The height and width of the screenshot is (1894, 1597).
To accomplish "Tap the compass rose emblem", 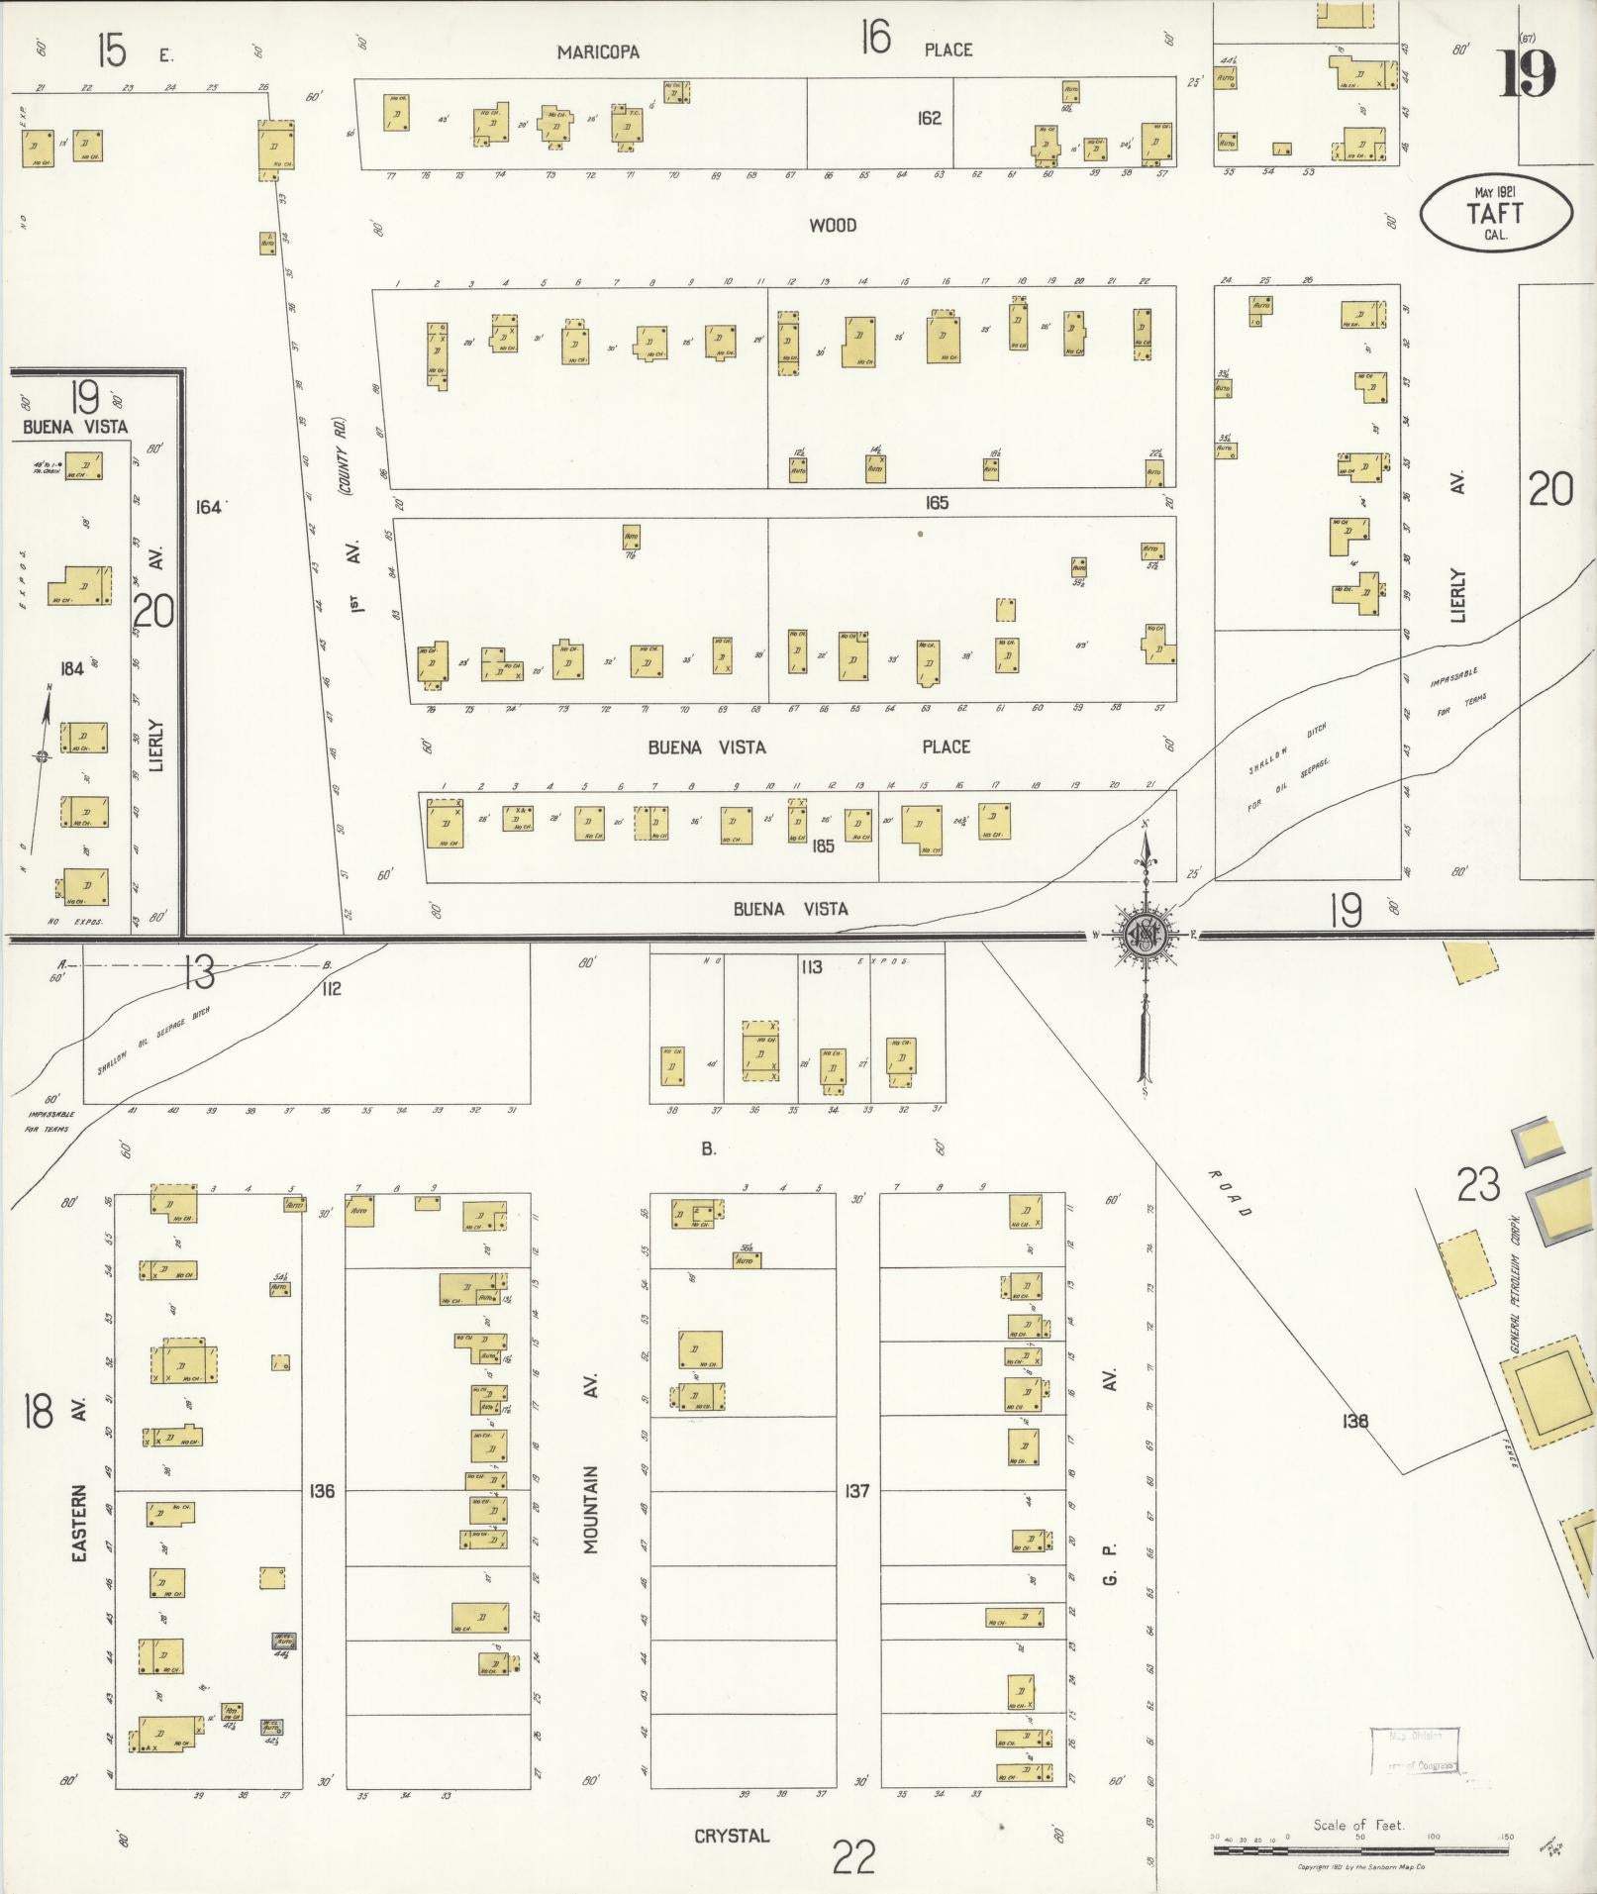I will coord(1147,934).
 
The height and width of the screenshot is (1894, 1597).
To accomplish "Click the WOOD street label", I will coord(833,226).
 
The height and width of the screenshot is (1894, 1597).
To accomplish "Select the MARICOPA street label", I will coord(597,51).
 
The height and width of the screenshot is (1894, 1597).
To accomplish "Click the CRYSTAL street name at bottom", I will coord(731,1836).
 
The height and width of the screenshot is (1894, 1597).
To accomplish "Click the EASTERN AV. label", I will coord(80,1476).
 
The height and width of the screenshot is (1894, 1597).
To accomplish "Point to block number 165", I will coord(937,503).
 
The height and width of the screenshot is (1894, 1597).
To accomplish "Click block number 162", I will coord(929,118).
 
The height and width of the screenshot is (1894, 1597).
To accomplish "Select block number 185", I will coord(823,847).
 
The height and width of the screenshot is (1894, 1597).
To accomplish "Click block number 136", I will coord(323,1490).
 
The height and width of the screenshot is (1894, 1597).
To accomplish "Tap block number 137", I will coord(857,1490).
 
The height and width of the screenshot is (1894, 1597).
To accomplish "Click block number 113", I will coord(812,967).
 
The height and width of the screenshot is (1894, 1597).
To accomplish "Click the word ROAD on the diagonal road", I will coord(1231,1192).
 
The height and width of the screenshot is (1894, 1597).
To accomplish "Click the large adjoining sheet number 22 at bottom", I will coord(853,1857).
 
